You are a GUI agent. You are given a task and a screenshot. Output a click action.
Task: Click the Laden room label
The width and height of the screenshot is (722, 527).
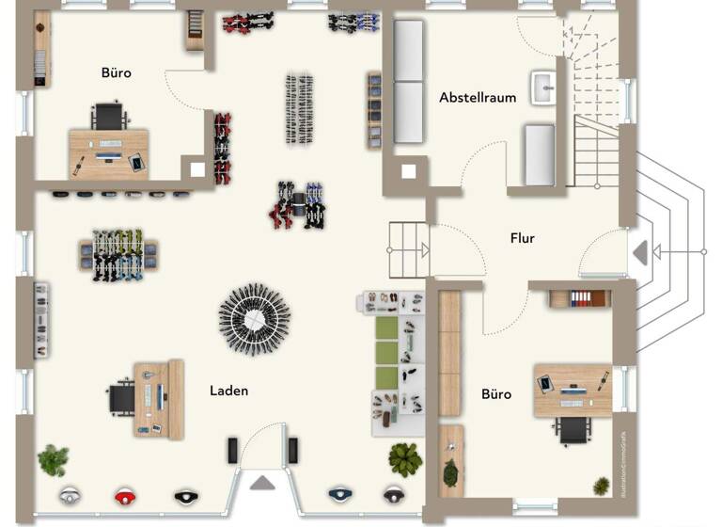point(228,390)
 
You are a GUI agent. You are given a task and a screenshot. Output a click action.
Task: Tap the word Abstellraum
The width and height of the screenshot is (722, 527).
point(478,97)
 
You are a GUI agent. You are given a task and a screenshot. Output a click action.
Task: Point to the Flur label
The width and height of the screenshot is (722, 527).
point(523,238)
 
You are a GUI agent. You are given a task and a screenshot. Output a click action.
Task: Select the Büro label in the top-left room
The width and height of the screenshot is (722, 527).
point(117,72)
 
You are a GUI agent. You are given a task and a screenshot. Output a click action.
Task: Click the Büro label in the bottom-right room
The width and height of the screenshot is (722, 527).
point(496,393)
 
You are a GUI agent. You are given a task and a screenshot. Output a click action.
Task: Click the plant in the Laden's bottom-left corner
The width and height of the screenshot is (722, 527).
point(53,460)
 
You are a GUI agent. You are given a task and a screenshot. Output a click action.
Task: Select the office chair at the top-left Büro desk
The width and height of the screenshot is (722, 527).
point(110,117)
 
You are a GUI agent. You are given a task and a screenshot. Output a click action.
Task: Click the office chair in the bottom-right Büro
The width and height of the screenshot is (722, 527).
point(573,429)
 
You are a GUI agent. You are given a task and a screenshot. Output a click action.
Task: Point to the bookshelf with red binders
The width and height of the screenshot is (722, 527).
point(580,299)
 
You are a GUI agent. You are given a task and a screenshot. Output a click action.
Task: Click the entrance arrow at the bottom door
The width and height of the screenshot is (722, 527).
point(262,483)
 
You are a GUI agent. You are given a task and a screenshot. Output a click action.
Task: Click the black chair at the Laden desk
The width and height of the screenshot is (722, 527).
point(122,397)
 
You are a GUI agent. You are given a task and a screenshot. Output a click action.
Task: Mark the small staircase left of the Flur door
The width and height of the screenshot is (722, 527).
point(409,250)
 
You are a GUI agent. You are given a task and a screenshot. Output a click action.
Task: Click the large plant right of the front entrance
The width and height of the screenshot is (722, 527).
point(405,458)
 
